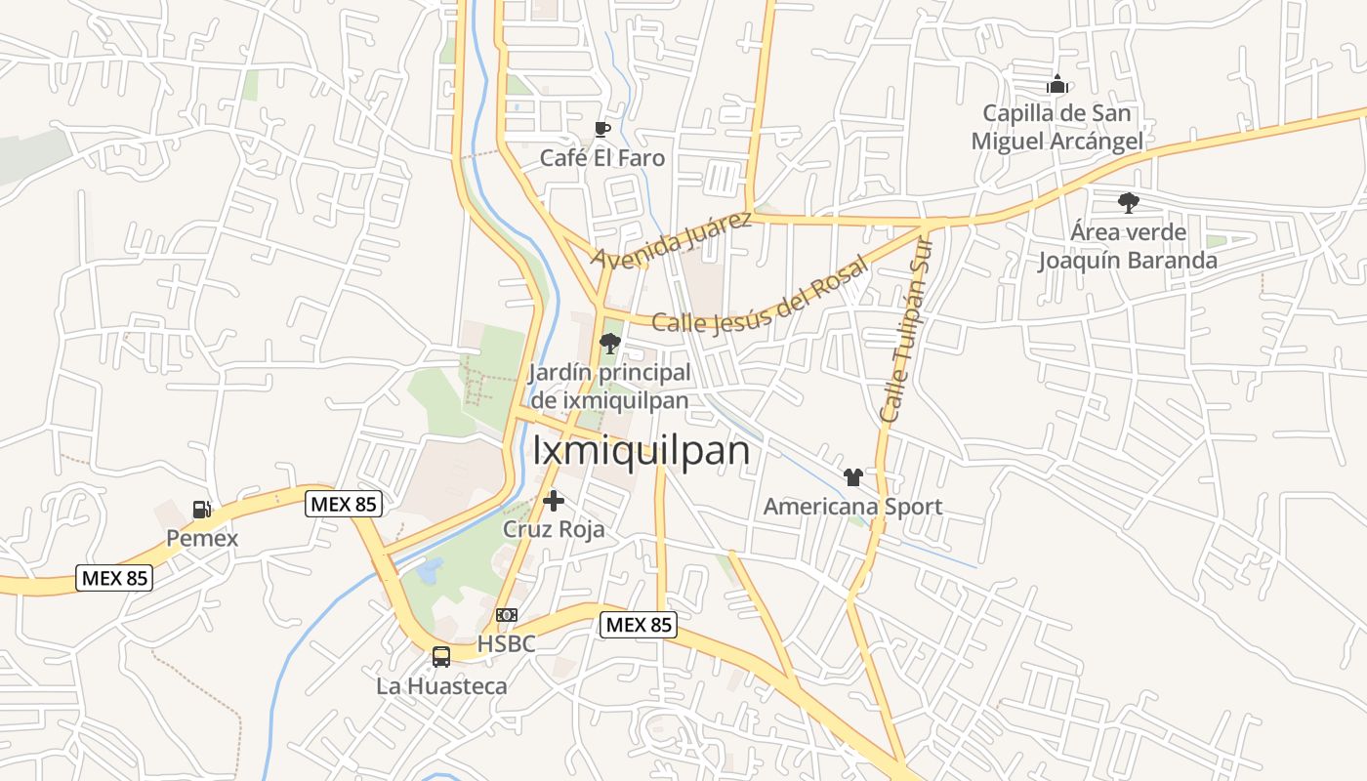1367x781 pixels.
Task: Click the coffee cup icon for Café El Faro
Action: click(602, 130)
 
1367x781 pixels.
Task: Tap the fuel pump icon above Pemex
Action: click(201, 509)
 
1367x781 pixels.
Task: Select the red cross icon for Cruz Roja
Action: click(554, 501)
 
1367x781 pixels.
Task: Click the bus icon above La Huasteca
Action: click(441, 657)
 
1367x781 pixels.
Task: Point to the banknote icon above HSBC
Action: click(506, 615)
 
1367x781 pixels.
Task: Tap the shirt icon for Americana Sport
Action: click(852, 477)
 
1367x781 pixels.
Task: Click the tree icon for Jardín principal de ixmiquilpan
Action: click(609, 343)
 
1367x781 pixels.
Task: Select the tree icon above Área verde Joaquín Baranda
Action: click(1128, 203)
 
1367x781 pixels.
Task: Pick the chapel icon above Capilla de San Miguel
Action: click(1056, 85)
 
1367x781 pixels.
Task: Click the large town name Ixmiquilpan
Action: click(642, 451)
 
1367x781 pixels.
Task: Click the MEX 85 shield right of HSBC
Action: click(638, 625)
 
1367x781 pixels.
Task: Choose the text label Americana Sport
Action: click(852, 507)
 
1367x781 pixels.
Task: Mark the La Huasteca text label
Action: click(441, 686)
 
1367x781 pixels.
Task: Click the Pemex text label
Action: click(201, 538)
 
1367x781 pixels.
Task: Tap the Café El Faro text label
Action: click(602, 158)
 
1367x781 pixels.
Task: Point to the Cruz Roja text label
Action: click(554, 529)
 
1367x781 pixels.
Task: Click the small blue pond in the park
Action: click(430, 569)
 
